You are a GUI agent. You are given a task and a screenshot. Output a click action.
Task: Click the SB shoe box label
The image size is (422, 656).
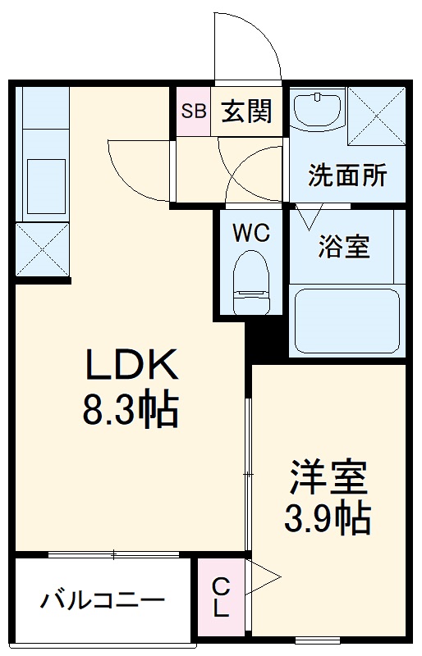tap(195, 110)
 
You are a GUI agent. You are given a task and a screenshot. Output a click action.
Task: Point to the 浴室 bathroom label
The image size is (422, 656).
tap(344, 246)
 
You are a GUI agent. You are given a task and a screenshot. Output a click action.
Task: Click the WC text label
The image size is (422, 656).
tap(250, 233)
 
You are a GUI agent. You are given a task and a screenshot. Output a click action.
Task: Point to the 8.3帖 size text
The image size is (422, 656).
tap(131, 410)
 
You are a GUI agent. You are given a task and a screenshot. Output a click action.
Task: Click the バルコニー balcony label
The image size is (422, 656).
tap(103, 599)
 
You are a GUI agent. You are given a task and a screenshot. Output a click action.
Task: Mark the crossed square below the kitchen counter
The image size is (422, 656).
tap(43, 249)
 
